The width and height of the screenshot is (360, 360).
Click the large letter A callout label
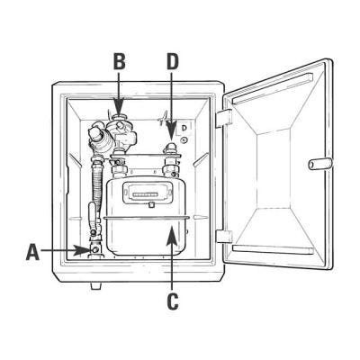[x=33, y=252]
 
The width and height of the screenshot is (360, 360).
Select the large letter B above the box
[x=119, y=61]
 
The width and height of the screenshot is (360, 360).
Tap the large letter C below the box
[x=172, y=301]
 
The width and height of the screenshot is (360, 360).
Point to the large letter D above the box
[x=173, y=61]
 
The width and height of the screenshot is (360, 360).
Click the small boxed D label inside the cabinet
[x=184, y=128]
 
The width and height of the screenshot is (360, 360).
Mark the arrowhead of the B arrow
[x=119, y=107]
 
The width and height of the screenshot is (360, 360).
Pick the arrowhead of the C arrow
[x=171, y=236]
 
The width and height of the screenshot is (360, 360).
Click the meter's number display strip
[x=146, y=194]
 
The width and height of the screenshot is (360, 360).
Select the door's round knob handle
[x=320, y=164]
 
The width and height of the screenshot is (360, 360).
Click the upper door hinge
[x=224, y=118]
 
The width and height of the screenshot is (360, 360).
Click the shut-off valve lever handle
[x=93, y=213]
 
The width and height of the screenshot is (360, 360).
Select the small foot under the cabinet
[x=95, y=286]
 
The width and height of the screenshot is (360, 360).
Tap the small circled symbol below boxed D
[x=184, y=139]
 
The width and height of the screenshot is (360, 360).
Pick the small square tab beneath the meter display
[x=151, y=205]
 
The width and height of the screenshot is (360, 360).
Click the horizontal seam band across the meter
[x=146, y=217]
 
